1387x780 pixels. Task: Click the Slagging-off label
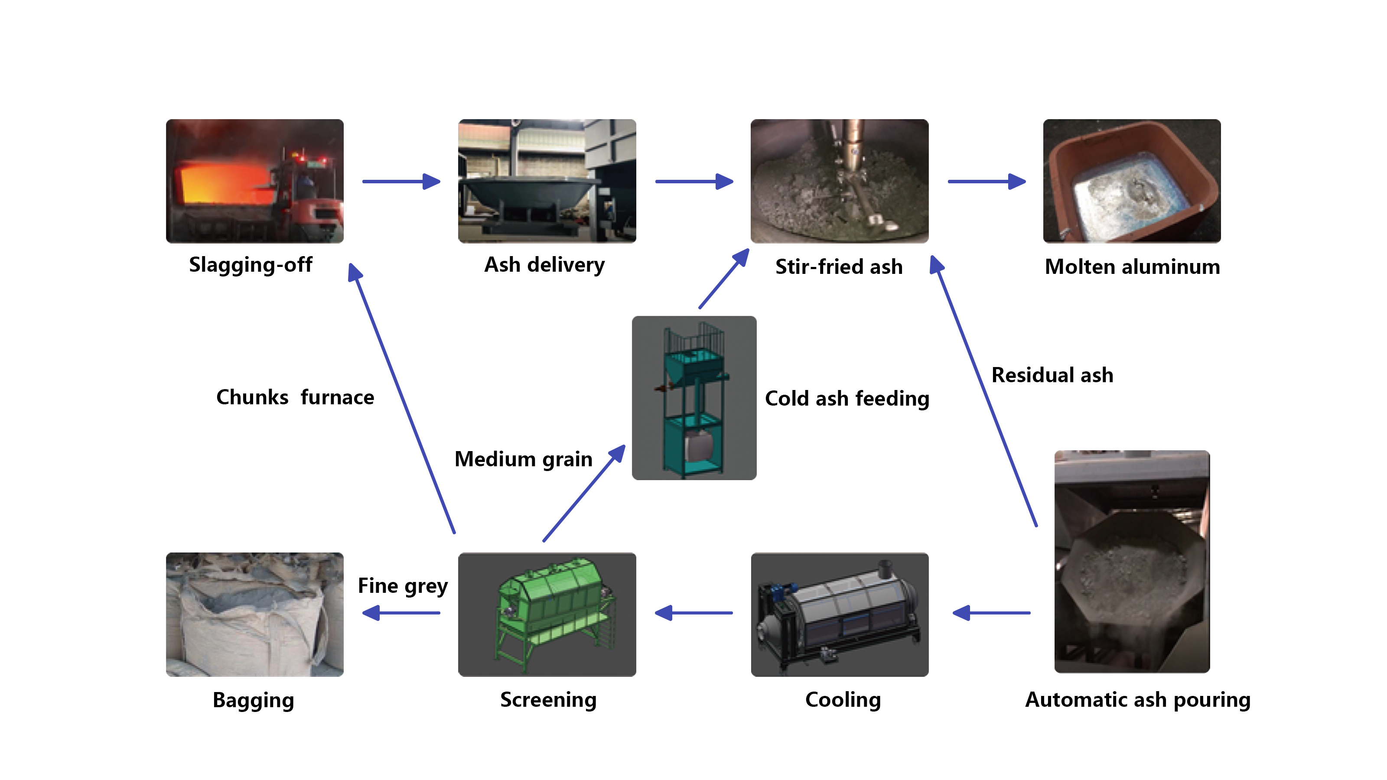coord(251,265)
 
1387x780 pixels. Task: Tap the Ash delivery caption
coord(544,265)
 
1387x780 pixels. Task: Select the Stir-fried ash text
coord(839,267)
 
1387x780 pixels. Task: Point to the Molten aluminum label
coord(1132,267)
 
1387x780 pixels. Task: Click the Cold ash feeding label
coord(847,399)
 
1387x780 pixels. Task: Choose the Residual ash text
coord(1052,375)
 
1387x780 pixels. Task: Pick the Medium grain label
coord(523,459)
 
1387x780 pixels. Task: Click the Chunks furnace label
coord(295,397)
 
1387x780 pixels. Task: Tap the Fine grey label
coord(403,586)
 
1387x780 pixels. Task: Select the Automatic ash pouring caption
coord(1138,700)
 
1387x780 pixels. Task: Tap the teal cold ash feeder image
coord(694,398)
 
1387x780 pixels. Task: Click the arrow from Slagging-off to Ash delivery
coord(401,182)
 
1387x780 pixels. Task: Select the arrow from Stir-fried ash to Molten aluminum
coord(987,182)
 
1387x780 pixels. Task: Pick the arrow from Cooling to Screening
coord(693,613)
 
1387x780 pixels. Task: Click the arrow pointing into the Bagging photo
coord(401,613)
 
